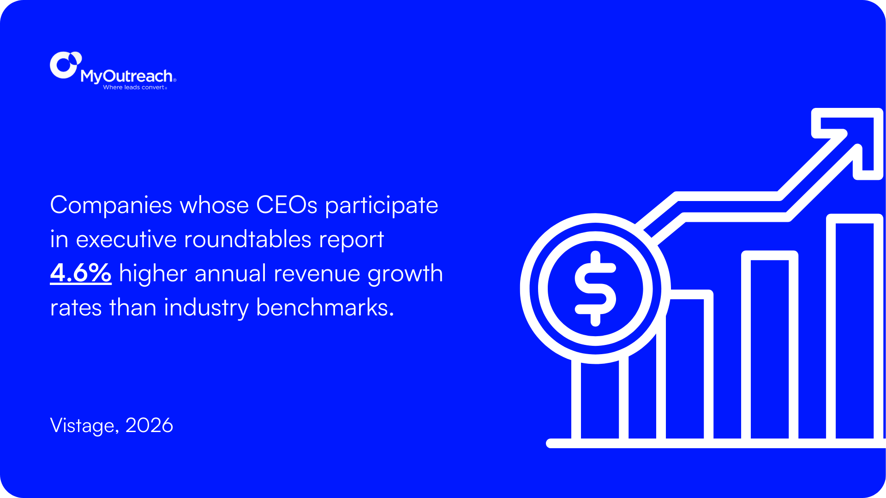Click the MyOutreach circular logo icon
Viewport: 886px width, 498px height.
pos(65,65)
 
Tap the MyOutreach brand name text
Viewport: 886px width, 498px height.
pos(126,76)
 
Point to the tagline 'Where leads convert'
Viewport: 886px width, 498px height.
pos(134,87)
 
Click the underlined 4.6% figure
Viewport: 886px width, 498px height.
pos(81,273)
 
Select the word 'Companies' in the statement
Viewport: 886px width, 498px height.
pos(111,205)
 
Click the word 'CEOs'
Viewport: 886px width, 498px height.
pos(287,205)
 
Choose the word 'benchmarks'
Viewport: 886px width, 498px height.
pos(324,308)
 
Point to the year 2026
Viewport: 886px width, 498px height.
pos(149,425)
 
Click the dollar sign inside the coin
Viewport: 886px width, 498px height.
pos(595,289)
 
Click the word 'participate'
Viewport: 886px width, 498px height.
pos(382,205)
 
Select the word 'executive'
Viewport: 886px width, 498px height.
pos(126,239)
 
